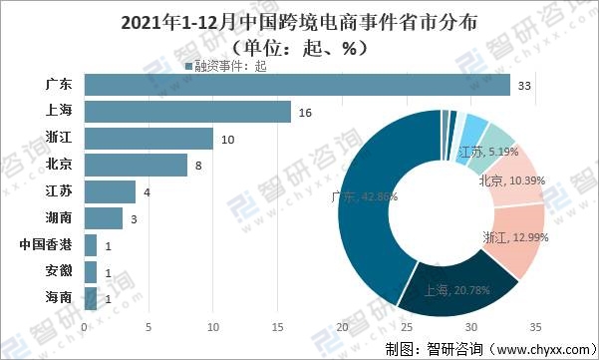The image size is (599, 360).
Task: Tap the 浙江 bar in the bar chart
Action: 149,139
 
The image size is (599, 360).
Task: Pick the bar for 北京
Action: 136,165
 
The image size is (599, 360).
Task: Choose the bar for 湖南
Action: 104,217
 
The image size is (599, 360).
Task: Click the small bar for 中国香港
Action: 91,244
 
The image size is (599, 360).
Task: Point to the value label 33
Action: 525,87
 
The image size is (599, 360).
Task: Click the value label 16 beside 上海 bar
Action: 304,113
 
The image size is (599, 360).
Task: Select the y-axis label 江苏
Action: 59,191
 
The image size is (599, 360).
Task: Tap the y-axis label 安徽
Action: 59,270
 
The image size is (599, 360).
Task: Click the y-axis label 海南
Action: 59,297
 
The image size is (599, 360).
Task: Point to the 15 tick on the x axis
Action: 277,326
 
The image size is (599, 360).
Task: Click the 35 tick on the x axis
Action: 535,326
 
